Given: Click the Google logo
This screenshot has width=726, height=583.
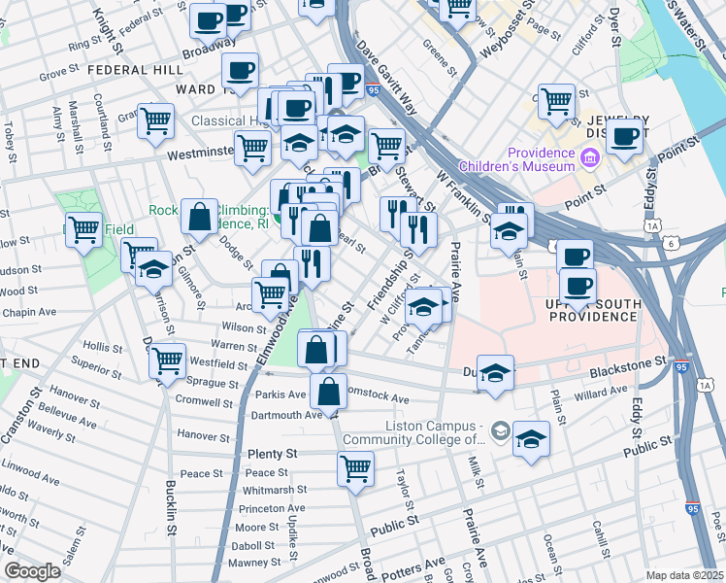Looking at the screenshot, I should pyautogui.click(x=32, y=571).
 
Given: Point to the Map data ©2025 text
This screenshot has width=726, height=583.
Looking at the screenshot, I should pyautogui.click(x=684, y=575).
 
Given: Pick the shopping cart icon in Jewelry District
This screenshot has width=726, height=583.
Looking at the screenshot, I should pyautogui.click(x=556, y=99).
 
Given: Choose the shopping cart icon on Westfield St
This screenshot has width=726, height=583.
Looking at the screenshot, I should pyautogui.click(x=168, y=360).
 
